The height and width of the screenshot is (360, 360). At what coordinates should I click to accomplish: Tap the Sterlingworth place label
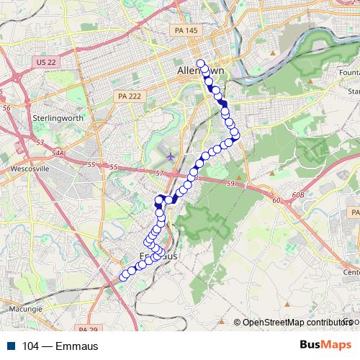57,116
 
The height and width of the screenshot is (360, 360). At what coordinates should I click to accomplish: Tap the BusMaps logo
325,345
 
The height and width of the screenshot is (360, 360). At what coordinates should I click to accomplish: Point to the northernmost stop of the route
201,63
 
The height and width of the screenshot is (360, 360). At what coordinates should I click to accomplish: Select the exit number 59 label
230,185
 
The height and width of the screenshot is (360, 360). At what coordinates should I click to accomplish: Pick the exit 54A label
58,153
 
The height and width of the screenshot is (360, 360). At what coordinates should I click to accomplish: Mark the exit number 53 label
40,143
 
